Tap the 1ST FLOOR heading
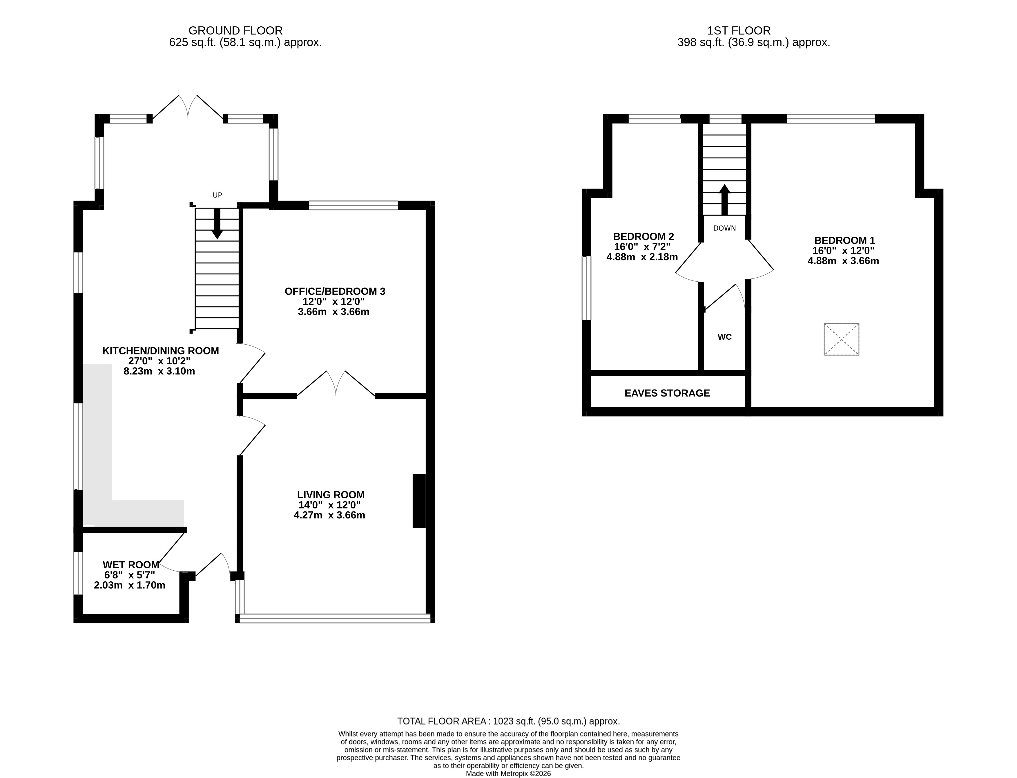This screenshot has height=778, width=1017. point(739,30)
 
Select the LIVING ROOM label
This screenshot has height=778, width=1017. point(331,495)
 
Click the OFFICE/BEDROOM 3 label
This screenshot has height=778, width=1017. point(335,291)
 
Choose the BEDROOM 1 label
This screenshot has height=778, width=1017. point(845,240)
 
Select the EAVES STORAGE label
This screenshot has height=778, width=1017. point(667,393)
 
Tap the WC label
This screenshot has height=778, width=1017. point(724,337)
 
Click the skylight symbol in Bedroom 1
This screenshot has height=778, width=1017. point(841,339)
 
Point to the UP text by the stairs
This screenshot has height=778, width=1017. point(217,195)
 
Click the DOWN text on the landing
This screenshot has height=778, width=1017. point(724,228)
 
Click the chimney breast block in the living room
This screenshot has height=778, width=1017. point(419,501)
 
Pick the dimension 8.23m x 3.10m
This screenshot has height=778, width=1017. point(159,371)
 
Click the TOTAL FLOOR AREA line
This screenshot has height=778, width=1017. point(508,721)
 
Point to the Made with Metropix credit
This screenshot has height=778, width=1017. point(508,773)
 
